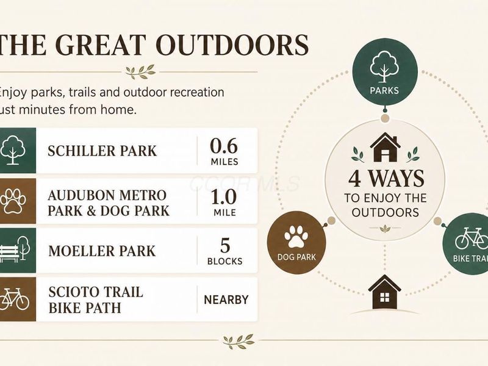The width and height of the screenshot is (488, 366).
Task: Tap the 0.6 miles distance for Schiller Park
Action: coord(224,151)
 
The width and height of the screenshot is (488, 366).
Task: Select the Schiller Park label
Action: coord(102,151)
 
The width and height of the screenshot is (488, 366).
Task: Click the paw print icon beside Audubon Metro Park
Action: coord(13,201)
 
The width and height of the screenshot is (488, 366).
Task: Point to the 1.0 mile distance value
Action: coord(224,203)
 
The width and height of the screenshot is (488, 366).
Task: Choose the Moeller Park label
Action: coord(102,251)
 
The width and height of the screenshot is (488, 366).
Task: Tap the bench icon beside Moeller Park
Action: coord(15,249)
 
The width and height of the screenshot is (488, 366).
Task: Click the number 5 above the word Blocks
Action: coord(224,245)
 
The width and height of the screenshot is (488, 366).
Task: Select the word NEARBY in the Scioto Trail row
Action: coord(226,300)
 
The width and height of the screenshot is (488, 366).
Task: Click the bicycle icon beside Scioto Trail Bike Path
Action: coord(14,299)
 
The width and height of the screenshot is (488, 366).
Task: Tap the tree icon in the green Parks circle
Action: coord(384,66)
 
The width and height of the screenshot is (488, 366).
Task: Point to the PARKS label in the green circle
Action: coord(384,90)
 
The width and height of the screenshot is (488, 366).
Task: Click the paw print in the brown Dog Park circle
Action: coord(296,237)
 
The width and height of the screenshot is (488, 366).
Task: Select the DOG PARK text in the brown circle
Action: coord(296,257)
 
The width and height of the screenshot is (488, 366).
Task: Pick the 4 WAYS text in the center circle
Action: coord(386,179)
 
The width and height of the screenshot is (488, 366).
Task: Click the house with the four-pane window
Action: coord(385,292)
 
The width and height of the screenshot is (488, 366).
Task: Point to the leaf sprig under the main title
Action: coord(140,71)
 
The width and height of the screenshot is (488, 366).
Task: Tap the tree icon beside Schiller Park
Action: coord(12,150)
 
